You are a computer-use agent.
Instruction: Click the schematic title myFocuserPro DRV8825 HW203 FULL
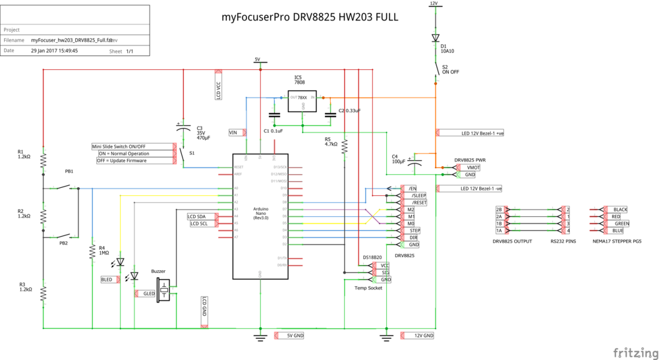(310, 18)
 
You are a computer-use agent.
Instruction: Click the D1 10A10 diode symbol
(434, 38)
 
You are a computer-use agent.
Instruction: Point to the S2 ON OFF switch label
(450, 69)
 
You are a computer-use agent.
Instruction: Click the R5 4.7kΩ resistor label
(331, 142)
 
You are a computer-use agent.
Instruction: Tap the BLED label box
(107, 280)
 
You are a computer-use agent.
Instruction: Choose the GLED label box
(148, 293)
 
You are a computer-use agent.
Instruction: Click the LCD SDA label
(196, 216)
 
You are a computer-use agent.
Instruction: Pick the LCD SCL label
(199, 224)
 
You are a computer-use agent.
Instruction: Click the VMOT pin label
(473, 167)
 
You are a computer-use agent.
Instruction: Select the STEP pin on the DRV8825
(415, 231)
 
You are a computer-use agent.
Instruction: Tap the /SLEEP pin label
(418, 196)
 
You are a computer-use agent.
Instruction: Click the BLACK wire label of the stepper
(619, 210)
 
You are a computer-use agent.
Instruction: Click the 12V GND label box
(423, 336)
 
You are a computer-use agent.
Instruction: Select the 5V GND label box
(294, 336)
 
